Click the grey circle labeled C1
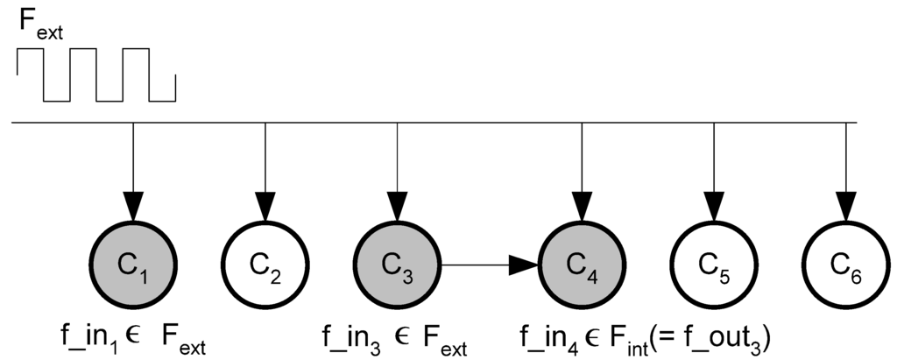click(x=132, y=262)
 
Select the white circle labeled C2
click(x=265, y=262)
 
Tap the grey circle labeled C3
click(x=397, y=262)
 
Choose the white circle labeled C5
click(x=714, y=262)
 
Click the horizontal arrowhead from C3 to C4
click(x=523, y=262)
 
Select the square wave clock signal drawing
click(x=96, y=74)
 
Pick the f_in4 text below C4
click(x=542, y=336)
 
